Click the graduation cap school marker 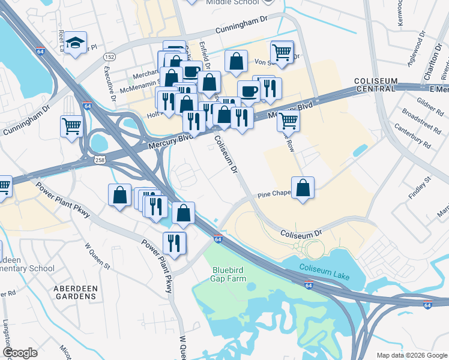coord(76,43)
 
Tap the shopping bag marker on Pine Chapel coord(303,187)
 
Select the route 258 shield coord(100,159)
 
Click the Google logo coord(20,352)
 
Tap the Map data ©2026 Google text coord(411,355)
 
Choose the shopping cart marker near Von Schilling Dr coord(282,52)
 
